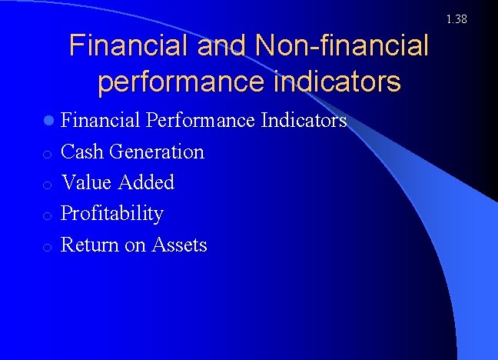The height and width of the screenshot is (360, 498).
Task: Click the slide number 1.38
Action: pos(456,18)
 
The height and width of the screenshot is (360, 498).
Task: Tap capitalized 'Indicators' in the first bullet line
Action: pos(304,121)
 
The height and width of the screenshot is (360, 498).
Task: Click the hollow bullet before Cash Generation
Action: pos(48,154)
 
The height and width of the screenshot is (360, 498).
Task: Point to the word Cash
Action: pos(82,152)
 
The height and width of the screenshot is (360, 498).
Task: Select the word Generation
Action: pos(157,152)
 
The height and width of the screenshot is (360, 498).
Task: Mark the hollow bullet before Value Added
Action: pos(48,185)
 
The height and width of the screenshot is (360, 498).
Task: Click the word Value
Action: pos(85,182)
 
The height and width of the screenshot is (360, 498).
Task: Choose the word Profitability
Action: pos(112,214)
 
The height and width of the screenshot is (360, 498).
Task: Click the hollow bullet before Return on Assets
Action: pos(48,247)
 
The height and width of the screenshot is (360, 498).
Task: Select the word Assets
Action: pos(180,245)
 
